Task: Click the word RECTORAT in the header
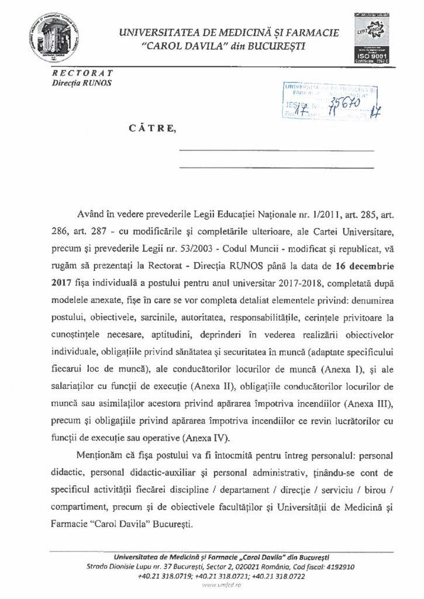(x=83, y=73)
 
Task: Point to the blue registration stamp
(x=331, y=100)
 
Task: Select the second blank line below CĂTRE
(x=275, y=168)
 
